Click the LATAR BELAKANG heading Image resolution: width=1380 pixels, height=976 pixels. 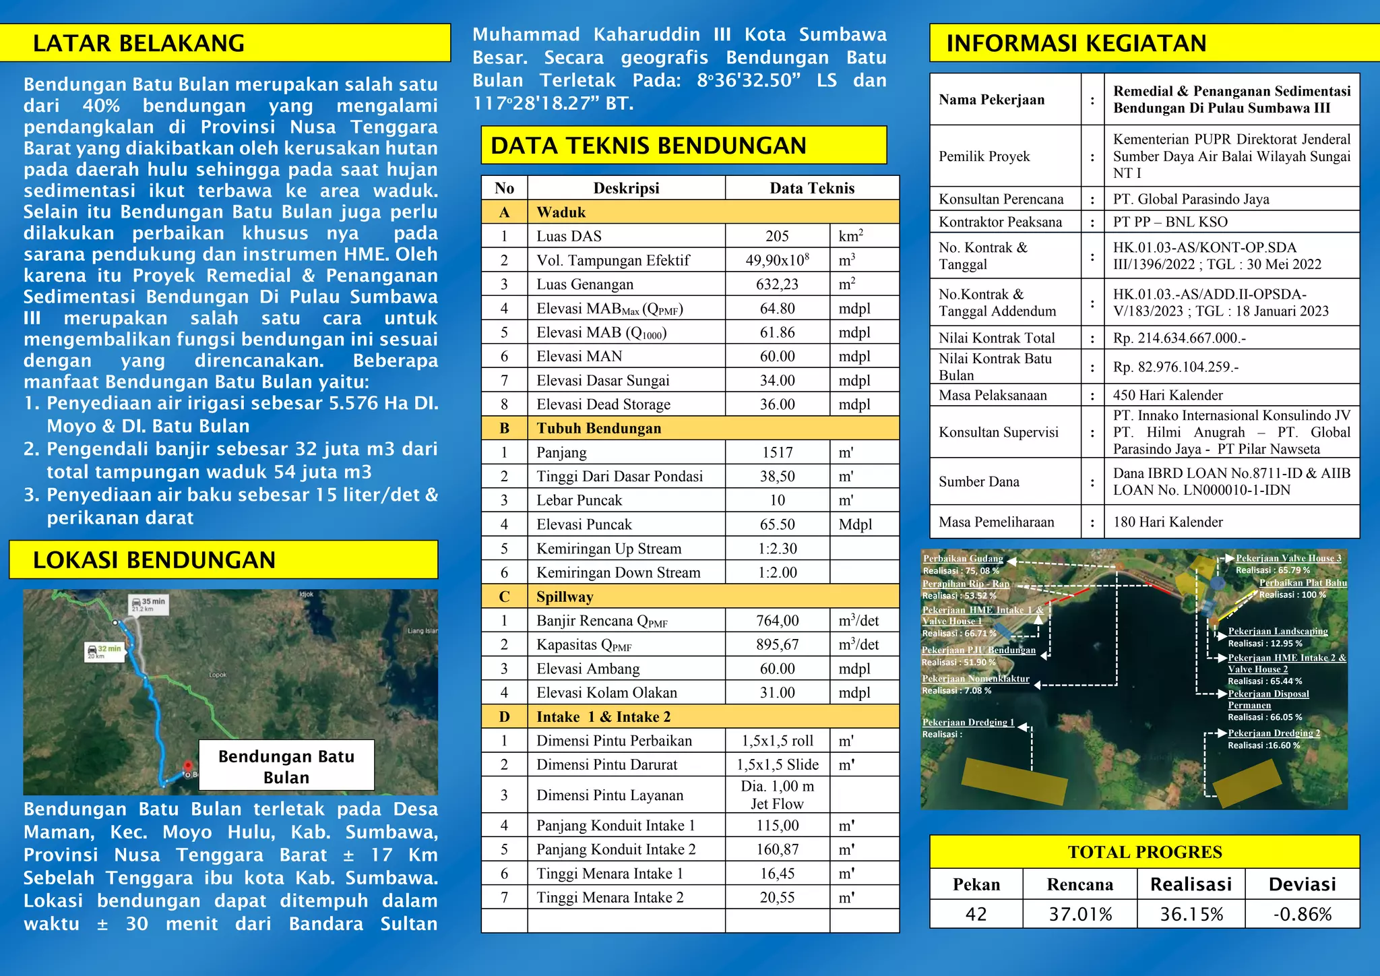click(139, 43)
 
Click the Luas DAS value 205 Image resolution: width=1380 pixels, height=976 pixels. click(777, 236)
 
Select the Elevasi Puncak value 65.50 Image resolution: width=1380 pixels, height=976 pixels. click(777, 524)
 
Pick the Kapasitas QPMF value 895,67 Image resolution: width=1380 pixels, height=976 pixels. click(777, 644)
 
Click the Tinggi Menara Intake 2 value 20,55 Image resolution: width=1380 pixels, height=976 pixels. click(777, 897)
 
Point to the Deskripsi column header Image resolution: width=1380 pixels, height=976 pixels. click(626, 188)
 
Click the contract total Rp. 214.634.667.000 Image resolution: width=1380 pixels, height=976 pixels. click(1179, 338)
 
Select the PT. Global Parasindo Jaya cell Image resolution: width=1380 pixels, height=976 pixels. click(1191, 199)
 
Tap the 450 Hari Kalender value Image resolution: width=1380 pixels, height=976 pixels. click(1168, 395)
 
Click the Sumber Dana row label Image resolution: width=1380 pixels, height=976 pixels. click(978, 481)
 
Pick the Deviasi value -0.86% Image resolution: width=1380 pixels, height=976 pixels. click(1302, 914)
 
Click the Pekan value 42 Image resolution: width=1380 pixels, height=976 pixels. click(976, 914)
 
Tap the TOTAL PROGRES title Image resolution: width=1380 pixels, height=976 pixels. click(1144, 852)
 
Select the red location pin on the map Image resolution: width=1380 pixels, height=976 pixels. click(188, 766)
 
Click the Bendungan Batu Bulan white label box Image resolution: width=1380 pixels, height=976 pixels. click(286, 766)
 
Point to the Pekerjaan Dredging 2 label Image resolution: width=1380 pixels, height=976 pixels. click(1274, 733)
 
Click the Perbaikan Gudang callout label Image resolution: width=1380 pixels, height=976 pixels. click(963, 558)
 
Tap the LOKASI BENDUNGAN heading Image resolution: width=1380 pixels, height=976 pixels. click(154, 560)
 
